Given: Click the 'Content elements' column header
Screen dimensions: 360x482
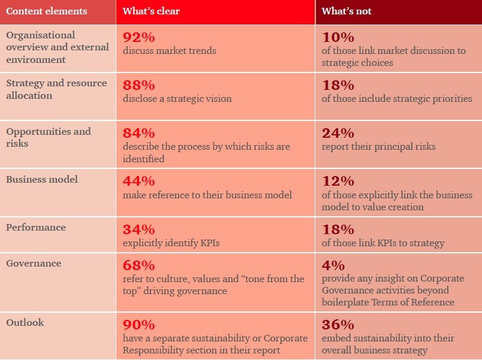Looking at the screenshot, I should (46, 11).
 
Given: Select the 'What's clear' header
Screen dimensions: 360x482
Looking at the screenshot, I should (151, 11).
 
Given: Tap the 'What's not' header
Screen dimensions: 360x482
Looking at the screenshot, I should (347, 11).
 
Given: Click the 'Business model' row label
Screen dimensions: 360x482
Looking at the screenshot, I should (42, 180).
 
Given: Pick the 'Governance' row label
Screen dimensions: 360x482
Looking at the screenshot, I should (34, 264).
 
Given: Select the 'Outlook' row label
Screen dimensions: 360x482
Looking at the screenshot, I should (25, 323).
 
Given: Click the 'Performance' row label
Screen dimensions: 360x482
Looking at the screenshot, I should (36, 228).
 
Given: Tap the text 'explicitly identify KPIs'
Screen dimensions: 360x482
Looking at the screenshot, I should (170, 243).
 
